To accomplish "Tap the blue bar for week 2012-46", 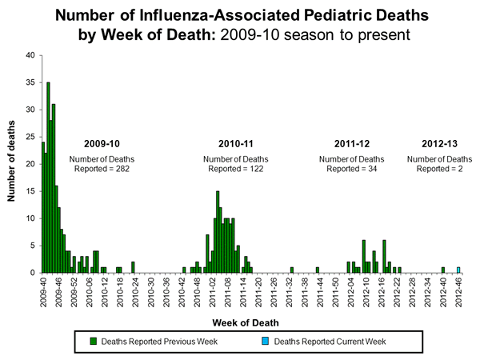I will tap(458, 270).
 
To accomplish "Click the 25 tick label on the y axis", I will tap(30, 137).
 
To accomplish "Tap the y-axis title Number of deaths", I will tap(11, 163).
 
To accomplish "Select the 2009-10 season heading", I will tap(102, 144).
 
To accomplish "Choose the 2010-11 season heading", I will tap(238, 144).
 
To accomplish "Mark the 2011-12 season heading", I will tap(354, 144).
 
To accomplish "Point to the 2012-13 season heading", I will tap(439, 144).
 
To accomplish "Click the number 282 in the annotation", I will tap(120, 169).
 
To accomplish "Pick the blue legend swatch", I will tap(265, 342).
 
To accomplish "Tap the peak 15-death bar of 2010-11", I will tap(218, 232).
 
